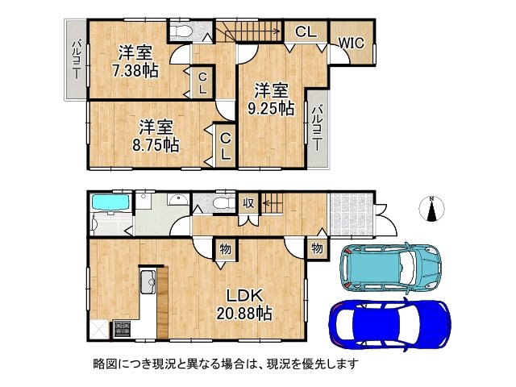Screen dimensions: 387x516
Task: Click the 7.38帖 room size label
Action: (x=135, y=70)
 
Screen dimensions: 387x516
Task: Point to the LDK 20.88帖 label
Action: (x=242, y=304)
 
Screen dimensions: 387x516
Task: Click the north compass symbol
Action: (x=433, y=209)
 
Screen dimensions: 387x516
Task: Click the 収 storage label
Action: (x=249, y=202)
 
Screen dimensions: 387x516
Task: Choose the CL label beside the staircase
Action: (x=305, y=32)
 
